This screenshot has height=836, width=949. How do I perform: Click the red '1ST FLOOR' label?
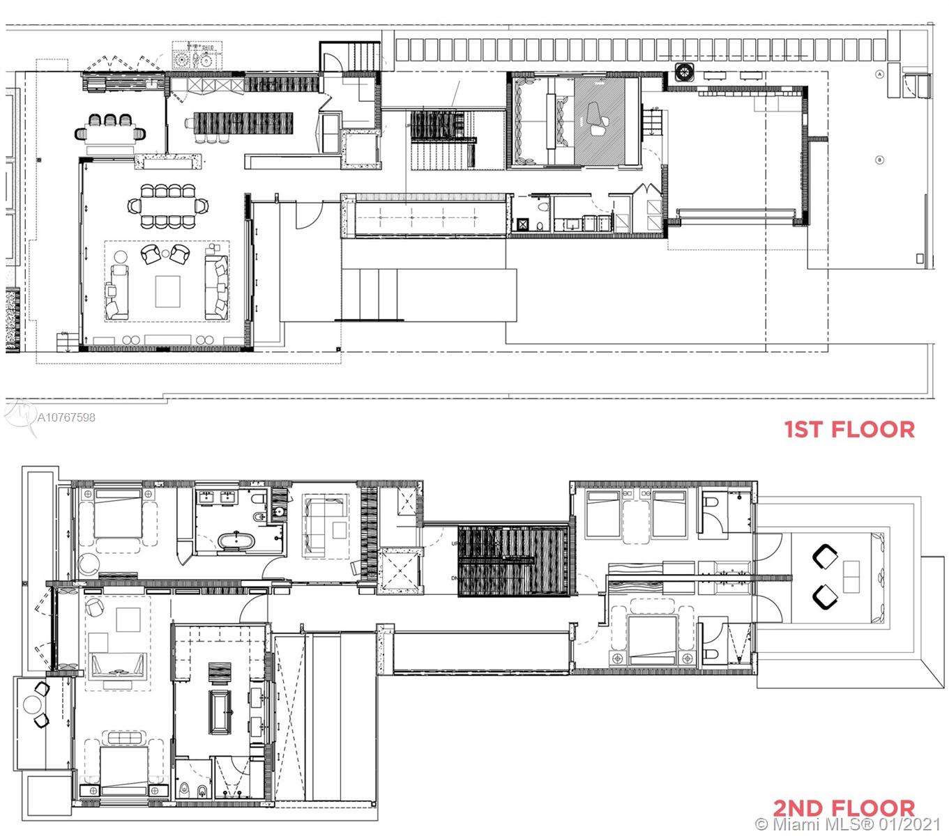coord(849,429)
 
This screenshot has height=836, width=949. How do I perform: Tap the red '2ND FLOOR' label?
coord(844,808)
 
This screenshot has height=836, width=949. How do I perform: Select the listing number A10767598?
coord(66,418)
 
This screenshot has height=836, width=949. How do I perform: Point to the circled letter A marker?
coord(880,73)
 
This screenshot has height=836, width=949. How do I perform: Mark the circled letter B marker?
coord(879,160)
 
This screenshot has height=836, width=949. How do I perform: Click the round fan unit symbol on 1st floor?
coord(684,71)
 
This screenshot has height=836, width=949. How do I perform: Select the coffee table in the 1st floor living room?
coord(167,291)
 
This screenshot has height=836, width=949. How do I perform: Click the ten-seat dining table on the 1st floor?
coord(167,206)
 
